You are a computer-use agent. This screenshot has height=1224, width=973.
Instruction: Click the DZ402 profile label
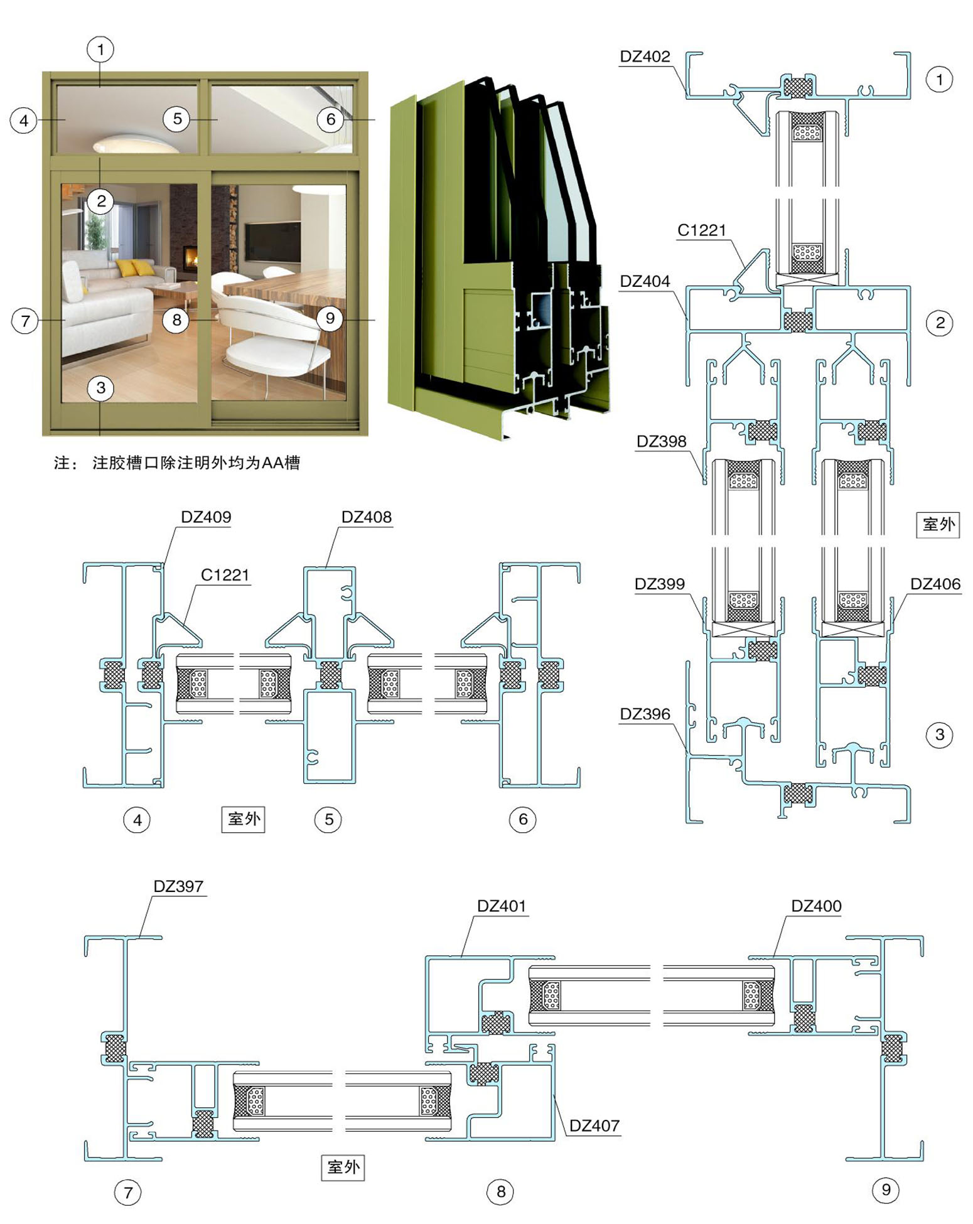(x=645, y=56)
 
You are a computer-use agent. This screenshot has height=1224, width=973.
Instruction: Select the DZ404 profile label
(x=645, y=281)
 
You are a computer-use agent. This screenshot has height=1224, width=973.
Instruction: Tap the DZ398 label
(x=661, y=441)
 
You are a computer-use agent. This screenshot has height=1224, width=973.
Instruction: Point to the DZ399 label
(x=659, y=584)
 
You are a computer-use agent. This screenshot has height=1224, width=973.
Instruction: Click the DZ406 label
(x=935, y=584)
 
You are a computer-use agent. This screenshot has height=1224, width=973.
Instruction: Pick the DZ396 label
(x=645, y=714)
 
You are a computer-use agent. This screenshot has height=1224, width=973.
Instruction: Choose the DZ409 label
(x=206, y=517)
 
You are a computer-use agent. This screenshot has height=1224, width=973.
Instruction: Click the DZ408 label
(x=367, y=517)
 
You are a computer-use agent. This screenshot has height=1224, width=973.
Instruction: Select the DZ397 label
(x=178, y=886)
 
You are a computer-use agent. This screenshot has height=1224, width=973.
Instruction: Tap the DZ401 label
(x=501, y=906)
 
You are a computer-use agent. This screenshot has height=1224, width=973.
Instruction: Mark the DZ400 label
(x=816, y=906)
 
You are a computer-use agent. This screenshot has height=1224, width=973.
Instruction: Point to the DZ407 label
(x=594, y=1125)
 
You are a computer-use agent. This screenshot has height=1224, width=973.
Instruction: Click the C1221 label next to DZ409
(x=225, y=575)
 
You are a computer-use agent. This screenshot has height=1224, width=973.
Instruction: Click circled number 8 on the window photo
(x=176, y=319)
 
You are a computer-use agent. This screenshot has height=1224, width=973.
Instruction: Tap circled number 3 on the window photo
(x=100, y=388)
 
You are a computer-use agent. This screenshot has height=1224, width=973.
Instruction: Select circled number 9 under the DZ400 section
(x=886, y=1189)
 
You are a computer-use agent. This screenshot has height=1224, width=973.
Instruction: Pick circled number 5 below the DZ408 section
(x=328, y=819)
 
